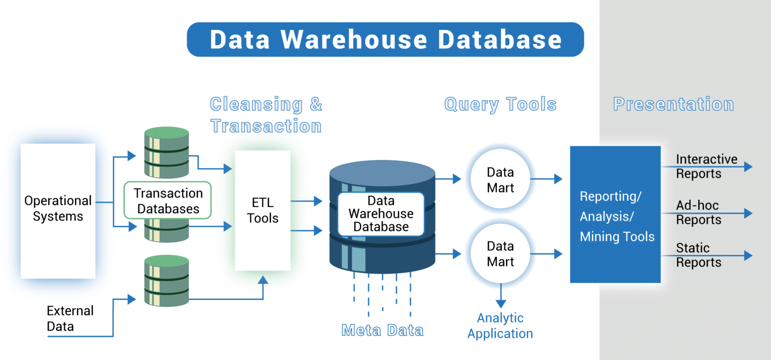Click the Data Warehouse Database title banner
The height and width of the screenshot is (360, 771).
click(385, 40)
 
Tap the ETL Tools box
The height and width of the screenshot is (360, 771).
click(263, 210)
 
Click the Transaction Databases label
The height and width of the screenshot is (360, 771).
click(168, 201)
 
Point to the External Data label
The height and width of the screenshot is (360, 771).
click(70, 318)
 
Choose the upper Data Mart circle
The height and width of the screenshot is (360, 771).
click(500, 180)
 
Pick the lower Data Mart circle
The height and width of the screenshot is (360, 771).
click(500, 254)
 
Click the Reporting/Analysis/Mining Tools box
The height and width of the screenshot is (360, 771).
click(615, 214)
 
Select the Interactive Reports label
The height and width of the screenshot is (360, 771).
click(706, 167)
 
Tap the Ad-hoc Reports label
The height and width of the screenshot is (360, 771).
click(699, 212)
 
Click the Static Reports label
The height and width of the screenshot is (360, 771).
click(699, 255)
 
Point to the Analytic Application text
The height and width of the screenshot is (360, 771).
click(500, 326)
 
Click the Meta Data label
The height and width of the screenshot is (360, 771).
click(382, 330)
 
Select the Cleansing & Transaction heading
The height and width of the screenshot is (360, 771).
click(266, 115)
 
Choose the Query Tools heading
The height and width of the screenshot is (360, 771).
click(500, 104)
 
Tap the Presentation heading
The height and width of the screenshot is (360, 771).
click(673, 104)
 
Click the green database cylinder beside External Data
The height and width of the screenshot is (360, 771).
click(166, 281)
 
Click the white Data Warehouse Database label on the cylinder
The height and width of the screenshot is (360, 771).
click(381, 214)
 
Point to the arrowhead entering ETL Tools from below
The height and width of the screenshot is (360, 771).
click(263, 280)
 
